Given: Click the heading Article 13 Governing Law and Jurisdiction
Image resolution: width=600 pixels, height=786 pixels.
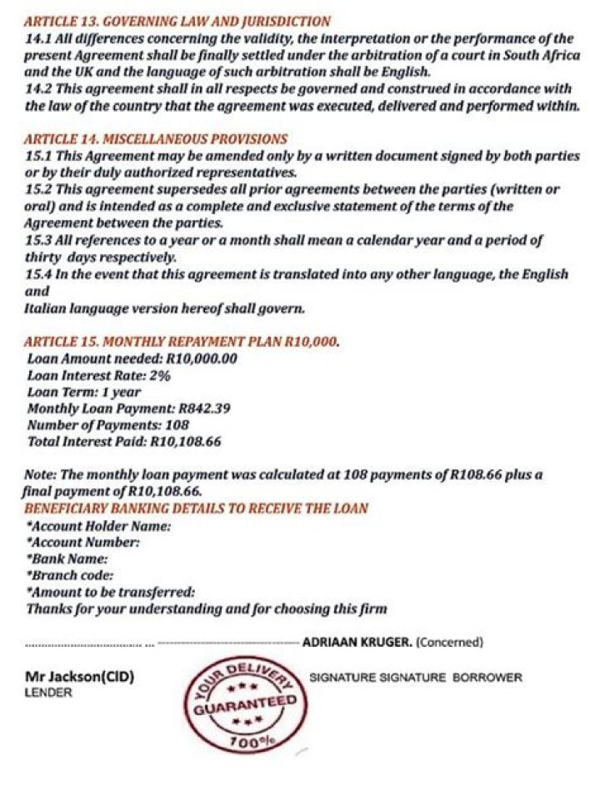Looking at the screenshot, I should pos(177,22).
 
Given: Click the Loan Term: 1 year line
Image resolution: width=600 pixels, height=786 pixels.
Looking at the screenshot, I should pos(84,392).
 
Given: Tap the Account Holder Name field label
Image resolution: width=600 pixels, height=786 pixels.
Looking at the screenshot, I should pos(99,526).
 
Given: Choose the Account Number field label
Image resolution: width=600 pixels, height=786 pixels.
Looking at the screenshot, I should pos(83,543).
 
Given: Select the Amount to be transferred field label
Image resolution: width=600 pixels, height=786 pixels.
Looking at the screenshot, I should pos(112,592).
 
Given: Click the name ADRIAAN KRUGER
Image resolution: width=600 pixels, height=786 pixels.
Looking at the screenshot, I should pos(356,643).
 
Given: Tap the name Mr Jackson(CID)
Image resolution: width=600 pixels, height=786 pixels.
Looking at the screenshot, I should pos(80,677).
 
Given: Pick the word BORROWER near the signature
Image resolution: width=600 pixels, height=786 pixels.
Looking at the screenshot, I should pos(487,678).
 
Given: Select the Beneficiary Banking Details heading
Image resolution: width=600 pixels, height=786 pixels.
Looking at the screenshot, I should pos(197,508).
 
